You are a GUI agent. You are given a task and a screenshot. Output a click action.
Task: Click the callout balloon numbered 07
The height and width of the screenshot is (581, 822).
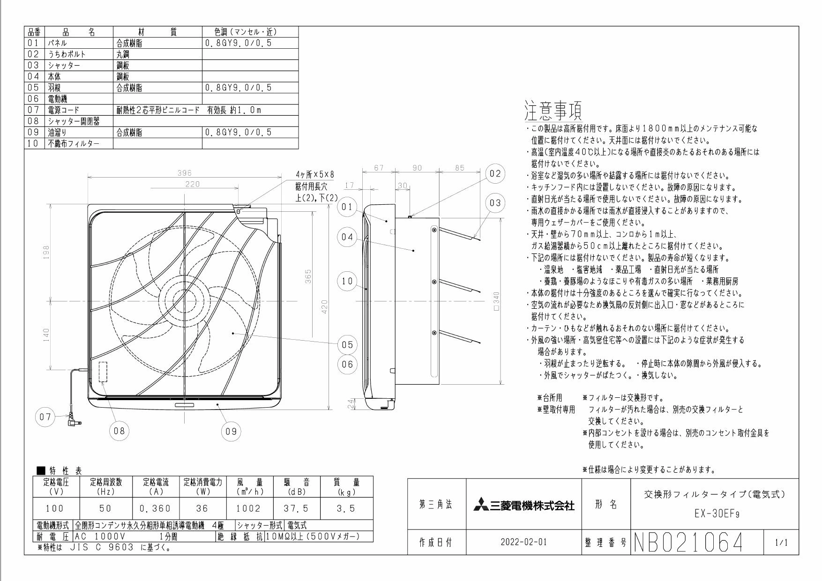(45, 417)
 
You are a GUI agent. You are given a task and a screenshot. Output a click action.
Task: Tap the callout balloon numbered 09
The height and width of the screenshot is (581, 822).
(231, 431)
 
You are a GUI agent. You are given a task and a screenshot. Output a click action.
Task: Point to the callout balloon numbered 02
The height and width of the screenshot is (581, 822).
(495, 173)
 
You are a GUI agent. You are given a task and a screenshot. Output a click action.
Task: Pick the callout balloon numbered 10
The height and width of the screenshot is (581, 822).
(347, 281)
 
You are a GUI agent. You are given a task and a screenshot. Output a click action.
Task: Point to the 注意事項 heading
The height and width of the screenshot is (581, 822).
(552, 111)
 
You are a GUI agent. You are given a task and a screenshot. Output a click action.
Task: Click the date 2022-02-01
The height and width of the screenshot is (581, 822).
(524, 543)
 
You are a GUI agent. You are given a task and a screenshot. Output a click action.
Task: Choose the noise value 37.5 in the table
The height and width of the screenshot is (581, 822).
(296, 508)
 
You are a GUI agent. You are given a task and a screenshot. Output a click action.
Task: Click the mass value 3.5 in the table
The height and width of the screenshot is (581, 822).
(346, 508)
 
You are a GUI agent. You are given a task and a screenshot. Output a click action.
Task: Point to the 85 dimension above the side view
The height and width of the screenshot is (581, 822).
(459, 168)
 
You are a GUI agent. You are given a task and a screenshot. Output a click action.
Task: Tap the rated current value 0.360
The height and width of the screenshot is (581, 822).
(155, 508)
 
